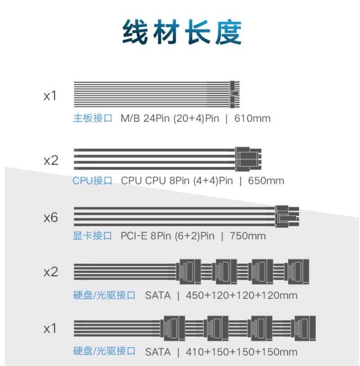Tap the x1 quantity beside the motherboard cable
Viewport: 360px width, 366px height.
tap(50, 96)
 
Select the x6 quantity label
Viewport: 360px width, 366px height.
tap(51, 218)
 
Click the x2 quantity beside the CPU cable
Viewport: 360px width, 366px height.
tap(51, 161)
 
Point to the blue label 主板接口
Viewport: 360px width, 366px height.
tap(92, 119)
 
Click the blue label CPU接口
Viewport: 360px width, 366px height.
tap(92, 181)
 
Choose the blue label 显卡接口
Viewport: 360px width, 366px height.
tap(92, 236)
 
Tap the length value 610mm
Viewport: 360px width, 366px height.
tap(252, 119)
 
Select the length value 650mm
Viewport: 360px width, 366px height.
tap(266, 181)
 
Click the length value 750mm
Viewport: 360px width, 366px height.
tap(247, 236)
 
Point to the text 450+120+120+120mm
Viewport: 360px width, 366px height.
tap(242, 295)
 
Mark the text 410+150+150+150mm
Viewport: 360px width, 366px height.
tap(242, 352)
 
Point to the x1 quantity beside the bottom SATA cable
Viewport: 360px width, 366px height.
tap(50, 329)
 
